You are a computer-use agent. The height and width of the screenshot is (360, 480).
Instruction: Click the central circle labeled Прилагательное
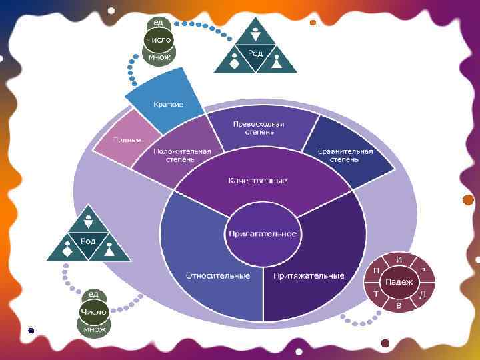(x=263, y=234)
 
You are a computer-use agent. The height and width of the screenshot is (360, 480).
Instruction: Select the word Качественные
(x=257, y=181)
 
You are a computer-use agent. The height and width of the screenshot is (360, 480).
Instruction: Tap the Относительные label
(x=217, y=275)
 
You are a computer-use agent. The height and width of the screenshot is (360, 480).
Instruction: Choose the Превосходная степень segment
(x=259, y=128)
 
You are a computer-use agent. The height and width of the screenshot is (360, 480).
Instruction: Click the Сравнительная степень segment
(x=345, y=155)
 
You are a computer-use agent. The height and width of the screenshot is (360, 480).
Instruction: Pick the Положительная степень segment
(x=182, y=155)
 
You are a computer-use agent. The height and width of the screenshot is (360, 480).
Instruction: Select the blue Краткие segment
(x=167, y=105)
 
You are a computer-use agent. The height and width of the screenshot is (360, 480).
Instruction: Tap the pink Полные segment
(x=127, y=139)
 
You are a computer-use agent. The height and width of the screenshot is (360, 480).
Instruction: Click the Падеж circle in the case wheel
(x=399, y=282)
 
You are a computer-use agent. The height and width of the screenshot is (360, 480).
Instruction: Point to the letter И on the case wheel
(x=399, y=259)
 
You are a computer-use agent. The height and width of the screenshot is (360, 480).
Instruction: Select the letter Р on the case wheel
(x=422, y=270)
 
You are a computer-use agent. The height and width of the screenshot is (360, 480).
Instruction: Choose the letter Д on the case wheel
(x=422, y=294)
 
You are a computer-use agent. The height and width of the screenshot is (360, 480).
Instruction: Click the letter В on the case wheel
(x=399, y=305)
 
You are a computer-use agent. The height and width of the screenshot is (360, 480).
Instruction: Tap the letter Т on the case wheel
(x=376, y=294)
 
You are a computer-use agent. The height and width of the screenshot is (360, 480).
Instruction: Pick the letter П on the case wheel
(x=377, y=270)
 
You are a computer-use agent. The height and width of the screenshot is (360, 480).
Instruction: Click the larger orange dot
(x=468, y=200)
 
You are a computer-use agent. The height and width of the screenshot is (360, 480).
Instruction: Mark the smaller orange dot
(x=313, y=22)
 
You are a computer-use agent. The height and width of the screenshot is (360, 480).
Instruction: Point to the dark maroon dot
(x=385, y=343)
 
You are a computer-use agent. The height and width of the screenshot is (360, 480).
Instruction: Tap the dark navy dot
(x=31, y=329)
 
